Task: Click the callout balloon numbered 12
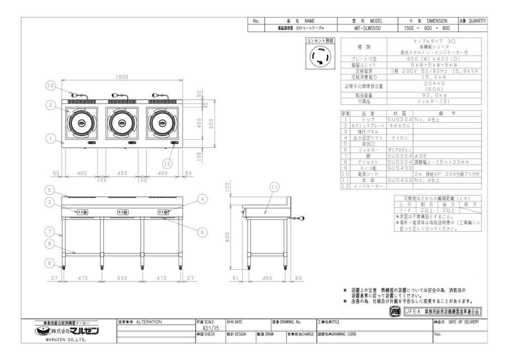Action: click(168, 162)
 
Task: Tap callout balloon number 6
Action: click(201, 232)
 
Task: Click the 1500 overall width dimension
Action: click(122, 77)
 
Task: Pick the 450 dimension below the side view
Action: click(266, 278)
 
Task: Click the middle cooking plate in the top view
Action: click(122, 123)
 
